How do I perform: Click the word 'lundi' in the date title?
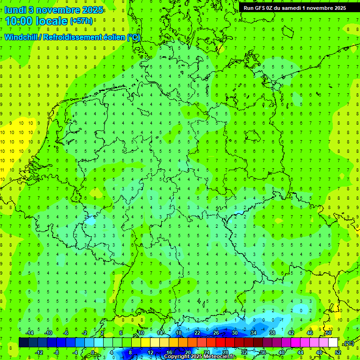[15, 9]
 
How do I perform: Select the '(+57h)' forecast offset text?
[81, 22]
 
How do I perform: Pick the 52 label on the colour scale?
[337, 352]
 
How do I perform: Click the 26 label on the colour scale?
[216, 333]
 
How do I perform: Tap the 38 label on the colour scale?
[272, 333]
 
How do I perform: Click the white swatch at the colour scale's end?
[333, 343]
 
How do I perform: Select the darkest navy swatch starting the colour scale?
[23, 343]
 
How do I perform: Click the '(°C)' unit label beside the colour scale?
[349, 343]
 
